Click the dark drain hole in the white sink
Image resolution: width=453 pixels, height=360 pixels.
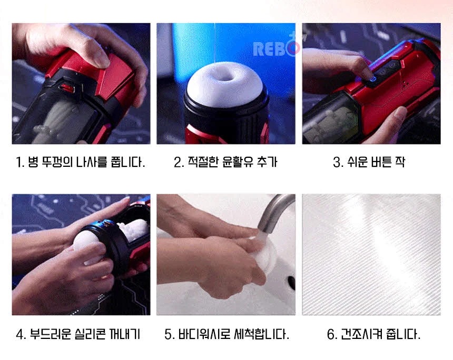tap(291, 282)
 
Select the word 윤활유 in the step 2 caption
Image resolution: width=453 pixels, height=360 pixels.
tap(236, 162)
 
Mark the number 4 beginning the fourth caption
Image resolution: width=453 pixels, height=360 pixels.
tap(20, 335)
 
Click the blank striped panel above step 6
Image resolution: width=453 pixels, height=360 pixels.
tap(371, 254)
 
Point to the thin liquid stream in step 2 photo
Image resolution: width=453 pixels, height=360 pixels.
tap(215, 43)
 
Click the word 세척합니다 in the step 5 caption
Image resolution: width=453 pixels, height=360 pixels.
tap(261, 334)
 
